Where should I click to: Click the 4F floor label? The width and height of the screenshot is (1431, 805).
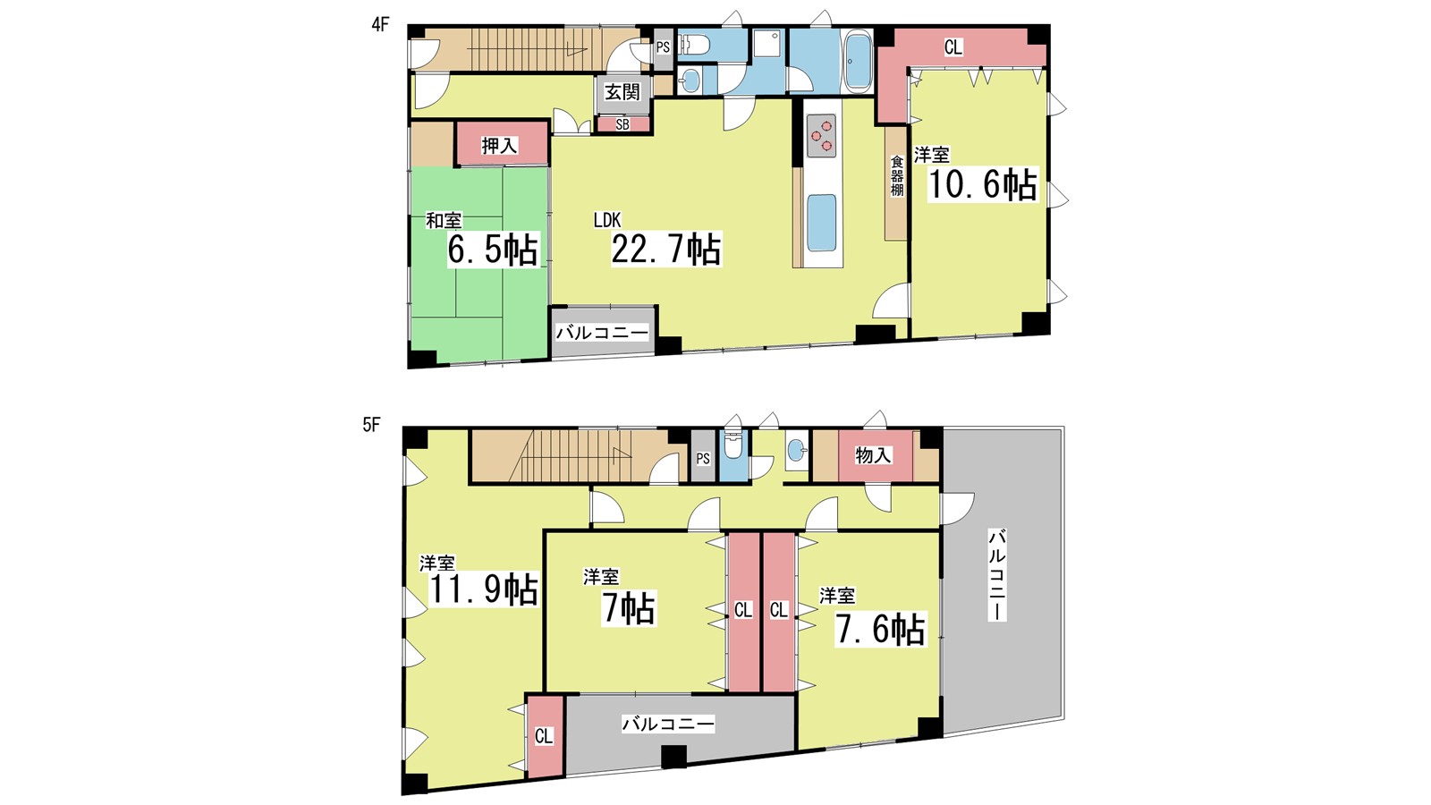pos(380,25)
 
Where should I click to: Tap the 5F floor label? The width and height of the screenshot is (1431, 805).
pos(371,425)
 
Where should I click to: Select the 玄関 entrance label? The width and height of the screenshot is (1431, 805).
pos(622,92)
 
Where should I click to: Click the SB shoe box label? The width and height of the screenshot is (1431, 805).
pos(622,124)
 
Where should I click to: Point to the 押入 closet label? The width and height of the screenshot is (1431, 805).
pos(500,147)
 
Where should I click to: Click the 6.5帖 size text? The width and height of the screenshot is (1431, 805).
pos(493,250)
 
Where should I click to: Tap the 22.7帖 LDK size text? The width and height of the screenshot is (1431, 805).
pos(666,250)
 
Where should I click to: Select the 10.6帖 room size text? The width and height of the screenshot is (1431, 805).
pos(982,184)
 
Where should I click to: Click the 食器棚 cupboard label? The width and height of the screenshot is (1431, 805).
pos(897,175)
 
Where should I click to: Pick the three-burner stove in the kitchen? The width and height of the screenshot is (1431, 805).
pos(822,135)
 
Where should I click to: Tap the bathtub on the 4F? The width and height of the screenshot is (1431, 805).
pos(858,63)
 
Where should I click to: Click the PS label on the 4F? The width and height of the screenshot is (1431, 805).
pos(663,47)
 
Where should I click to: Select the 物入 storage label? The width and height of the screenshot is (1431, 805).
pos(873,455)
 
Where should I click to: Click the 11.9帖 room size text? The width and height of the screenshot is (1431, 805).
pos(483,589)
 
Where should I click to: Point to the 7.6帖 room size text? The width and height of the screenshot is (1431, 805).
pos(881,630)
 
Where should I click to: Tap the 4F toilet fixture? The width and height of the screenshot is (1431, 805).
pos(694,45)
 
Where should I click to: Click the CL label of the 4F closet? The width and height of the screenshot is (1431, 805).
pos(953,47)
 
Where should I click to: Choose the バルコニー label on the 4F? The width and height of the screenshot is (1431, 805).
pos(603,332)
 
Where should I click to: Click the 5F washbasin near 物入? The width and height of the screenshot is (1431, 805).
pos(797,451)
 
